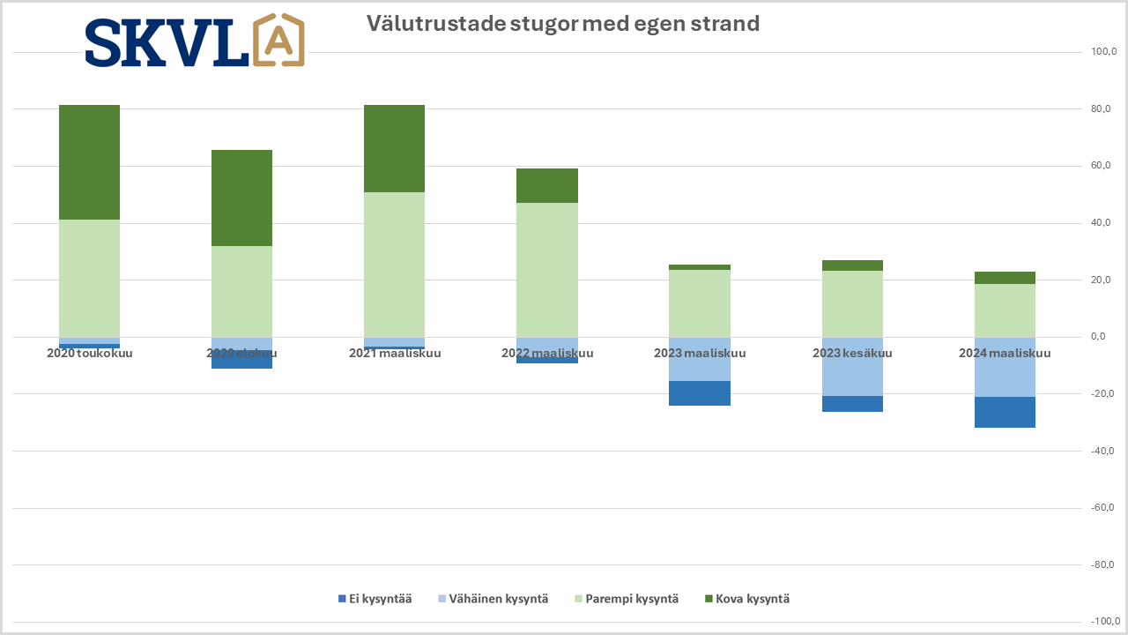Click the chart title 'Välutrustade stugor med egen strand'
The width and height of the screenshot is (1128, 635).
pos(563,24)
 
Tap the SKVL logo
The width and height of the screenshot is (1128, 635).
pos(195,41)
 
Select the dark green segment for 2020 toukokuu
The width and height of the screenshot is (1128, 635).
pos(89,162)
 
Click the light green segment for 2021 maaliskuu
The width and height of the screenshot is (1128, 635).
pos(394,265)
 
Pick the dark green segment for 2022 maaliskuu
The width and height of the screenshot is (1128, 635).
pos(546,185)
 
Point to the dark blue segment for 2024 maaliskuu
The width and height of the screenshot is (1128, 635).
pos(1005,412)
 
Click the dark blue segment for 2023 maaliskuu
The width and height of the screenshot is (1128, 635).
pos(700,393)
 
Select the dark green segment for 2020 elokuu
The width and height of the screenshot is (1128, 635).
pos(241,198)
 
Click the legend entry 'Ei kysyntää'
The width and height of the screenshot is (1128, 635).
pos(375,599)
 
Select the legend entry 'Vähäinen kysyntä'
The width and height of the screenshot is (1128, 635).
pos(493,599)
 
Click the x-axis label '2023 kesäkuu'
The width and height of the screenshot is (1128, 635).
pos(852,354)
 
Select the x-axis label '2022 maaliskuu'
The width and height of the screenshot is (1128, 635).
pos(547,354)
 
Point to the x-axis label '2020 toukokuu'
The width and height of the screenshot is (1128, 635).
pos(89,354)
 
